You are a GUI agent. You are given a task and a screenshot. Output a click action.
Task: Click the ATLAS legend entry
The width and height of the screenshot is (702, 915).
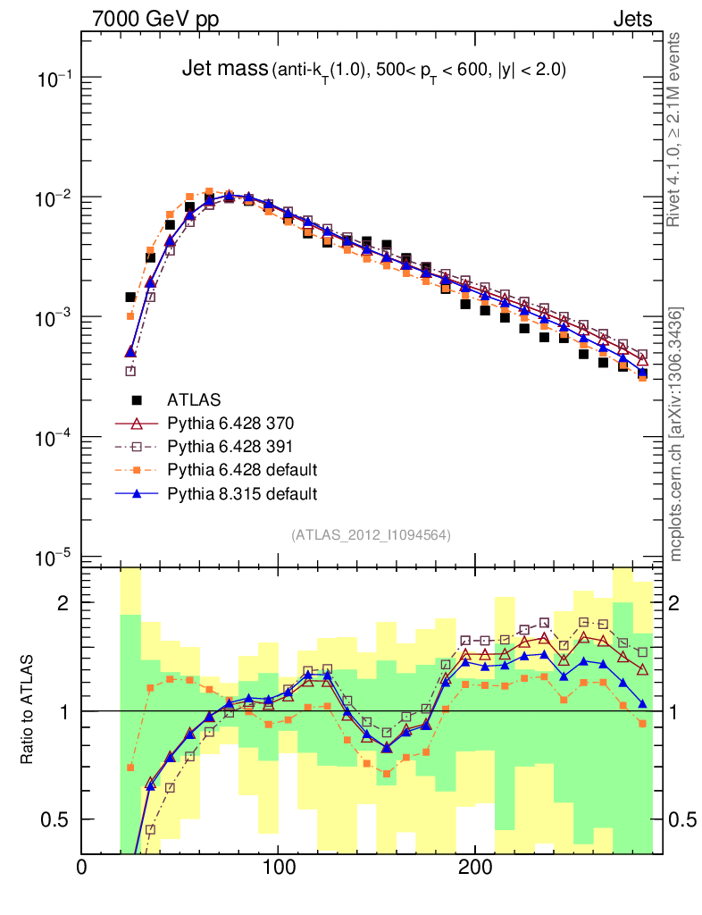pos(195,399)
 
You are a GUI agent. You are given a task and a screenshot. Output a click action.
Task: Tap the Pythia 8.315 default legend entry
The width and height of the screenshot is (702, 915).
pos(242,492)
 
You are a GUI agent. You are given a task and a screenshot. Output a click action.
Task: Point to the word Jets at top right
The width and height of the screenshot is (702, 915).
pos(632,19)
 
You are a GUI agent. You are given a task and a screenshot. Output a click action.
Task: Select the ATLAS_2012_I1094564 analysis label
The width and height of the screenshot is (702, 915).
pos(371,535)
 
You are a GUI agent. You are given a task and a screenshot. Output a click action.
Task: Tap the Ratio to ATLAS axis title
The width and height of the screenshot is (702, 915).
pos(27,710)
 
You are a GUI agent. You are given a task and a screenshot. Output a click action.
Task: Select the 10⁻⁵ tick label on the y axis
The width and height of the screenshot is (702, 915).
pos(54,558)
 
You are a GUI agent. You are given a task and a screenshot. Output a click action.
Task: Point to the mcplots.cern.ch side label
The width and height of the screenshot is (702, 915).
pos(676,434)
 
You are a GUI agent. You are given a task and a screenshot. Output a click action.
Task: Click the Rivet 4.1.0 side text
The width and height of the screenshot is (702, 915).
pos(676,130)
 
